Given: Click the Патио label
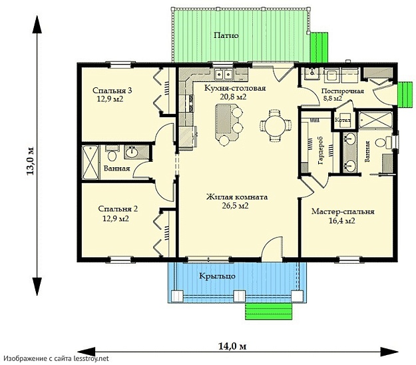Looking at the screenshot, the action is point(226,35).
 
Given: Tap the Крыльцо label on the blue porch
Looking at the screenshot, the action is point(217,276).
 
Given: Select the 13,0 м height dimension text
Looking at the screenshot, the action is point(30,161).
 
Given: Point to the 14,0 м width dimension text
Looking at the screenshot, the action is point(232,346).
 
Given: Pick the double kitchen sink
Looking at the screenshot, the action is point(224,75).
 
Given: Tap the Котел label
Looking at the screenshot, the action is point(343,121).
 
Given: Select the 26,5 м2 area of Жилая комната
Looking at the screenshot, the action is point(236,206).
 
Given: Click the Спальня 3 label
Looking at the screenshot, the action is point(112,91).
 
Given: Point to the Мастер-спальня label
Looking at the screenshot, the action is point(343,212).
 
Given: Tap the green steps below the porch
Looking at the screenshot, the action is point(268,311).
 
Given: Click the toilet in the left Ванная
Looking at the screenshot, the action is point(112,155).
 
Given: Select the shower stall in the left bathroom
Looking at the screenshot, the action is point(91,163).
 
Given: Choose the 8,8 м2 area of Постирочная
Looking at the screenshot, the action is point(333,98).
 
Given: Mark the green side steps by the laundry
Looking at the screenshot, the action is point(405,94).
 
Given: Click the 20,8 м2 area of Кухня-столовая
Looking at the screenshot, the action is point(233,97).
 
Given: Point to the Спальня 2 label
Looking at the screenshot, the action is point(118,209).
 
